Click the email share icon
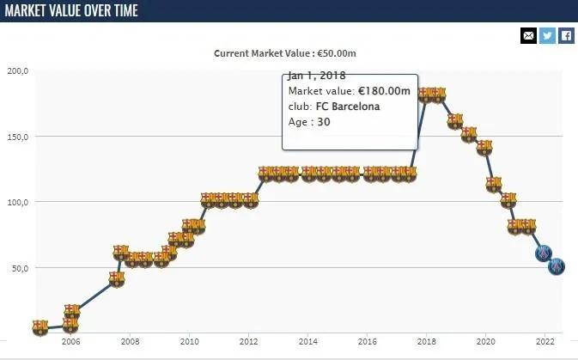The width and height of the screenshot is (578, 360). point(528,36)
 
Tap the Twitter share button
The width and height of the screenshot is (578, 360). point(547,36)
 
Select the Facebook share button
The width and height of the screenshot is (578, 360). point(566,36)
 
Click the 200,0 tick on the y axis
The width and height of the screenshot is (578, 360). point(18,71)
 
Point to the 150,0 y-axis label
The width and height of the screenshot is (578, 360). point(18,137)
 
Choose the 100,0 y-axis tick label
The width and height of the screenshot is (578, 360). point(18,202)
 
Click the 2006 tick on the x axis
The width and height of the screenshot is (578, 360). point(70,341)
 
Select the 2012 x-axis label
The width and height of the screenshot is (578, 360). point(248,341)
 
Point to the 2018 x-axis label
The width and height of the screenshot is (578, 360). point(426,341)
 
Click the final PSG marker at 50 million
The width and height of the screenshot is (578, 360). point(557,267)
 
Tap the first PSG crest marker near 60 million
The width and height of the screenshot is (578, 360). point(543,253)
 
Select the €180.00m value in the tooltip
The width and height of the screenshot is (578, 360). point(385,91)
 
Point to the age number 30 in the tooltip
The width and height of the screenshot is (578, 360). point(323,122)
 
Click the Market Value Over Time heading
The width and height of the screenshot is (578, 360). point(71,11)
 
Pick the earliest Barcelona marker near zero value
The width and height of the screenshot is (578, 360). point(40,327)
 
